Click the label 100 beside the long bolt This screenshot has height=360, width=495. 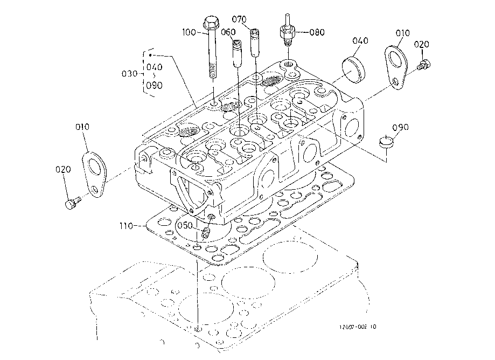[x=189, y=33]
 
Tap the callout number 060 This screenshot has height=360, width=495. [x=228, y=32]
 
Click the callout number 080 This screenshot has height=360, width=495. [x=317, y=32]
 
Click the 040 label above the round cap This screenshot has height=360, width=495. [x=360, y=41]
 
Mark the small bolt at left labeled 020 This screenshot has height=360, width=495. [x=72, y=203]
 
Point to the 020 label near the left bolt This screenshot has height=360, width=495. [x=63, y=170]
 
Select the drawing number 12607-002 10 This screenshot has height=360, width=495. [x=359, y=327]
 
